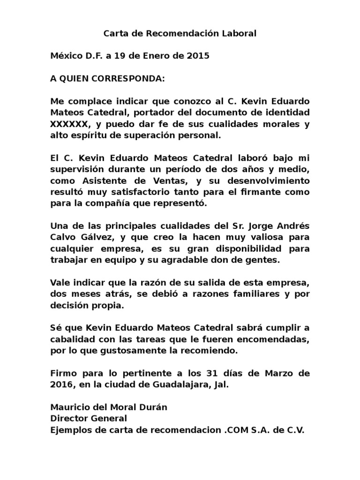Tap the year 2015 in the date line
click(197, 56)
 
